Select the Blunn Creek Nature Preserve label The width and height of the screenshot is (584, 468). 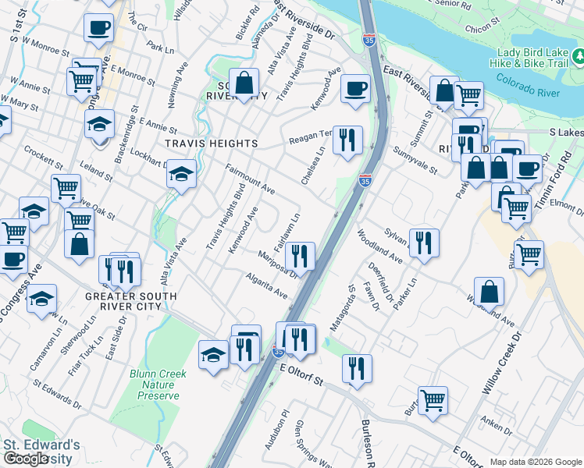158,385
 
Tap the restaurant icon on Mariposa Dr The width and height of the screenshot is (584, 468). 300,254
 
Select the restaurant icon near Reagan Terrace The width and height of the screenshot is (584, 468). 347,140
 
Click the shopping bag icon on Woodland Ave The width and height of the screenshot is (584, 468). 488,291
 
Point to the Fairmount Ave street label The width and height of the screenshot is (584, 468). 251,179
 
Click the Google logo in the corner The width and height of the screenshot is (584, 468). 26,459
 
